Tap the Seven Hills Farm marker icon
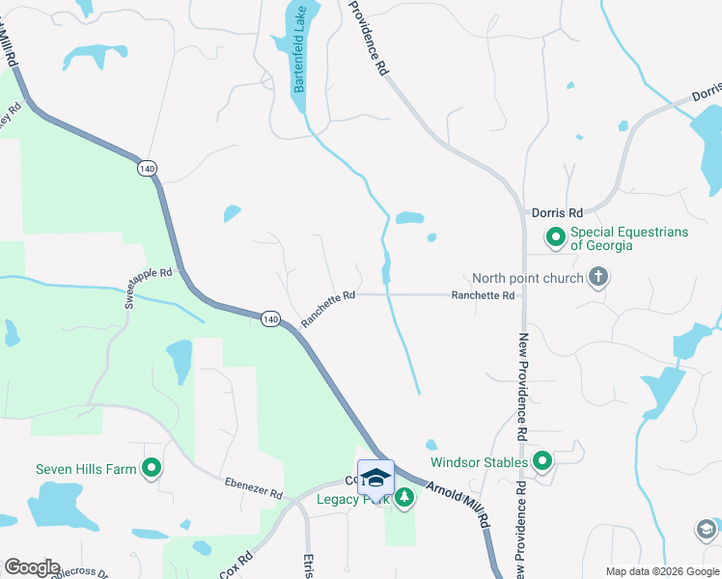click(152, 470)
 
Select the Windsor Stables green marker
click(542, 462)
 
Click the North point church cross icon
click(598, 279)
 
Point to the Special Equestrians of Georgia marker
click(556, 236)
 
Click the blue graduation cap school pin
click(375, 479)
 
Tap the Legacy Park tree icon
click(404, 498)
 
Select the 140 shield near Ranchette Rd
click(270, 317)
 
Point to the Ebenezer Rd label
click(253, 487)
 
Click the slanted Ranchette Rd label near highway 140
click(328, 309)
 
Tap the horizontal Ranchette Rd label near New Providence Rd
click(483, 295)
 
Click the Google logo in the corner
click(32, 567)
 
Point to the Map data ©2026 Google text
click(661, 571)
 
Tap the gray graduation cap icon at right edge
click(706, 529)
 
